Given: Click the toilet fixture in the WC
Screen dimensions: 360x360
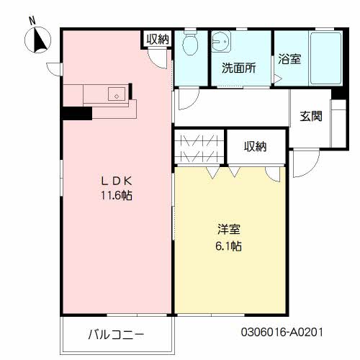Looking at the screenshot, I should [191, 45].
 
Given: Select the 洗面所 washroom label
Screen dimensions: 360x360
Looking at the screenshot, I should [238, 70].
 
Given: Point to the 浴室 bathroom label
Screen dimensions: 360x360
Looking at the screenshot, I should [289, 60].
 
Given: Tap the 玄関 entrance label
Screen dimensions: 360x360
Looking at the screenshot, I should [311, 115].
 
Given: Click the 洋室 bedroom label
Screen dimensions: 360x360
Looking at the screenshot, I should [230, 231].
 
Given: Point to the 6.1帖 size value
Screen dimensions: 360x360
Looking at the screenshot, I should [230, 247].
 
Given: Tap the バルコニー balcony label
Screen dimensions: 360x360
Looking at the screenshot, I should [116, 334].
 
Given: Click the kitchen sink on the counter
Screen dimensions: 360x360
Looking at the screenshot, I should [114, 94].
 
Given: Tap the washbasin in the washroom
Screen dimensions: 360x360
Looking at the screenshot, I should [221, 42].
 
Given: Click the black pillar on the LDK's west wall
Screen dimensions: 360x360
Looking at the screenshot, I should [72, 113].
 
